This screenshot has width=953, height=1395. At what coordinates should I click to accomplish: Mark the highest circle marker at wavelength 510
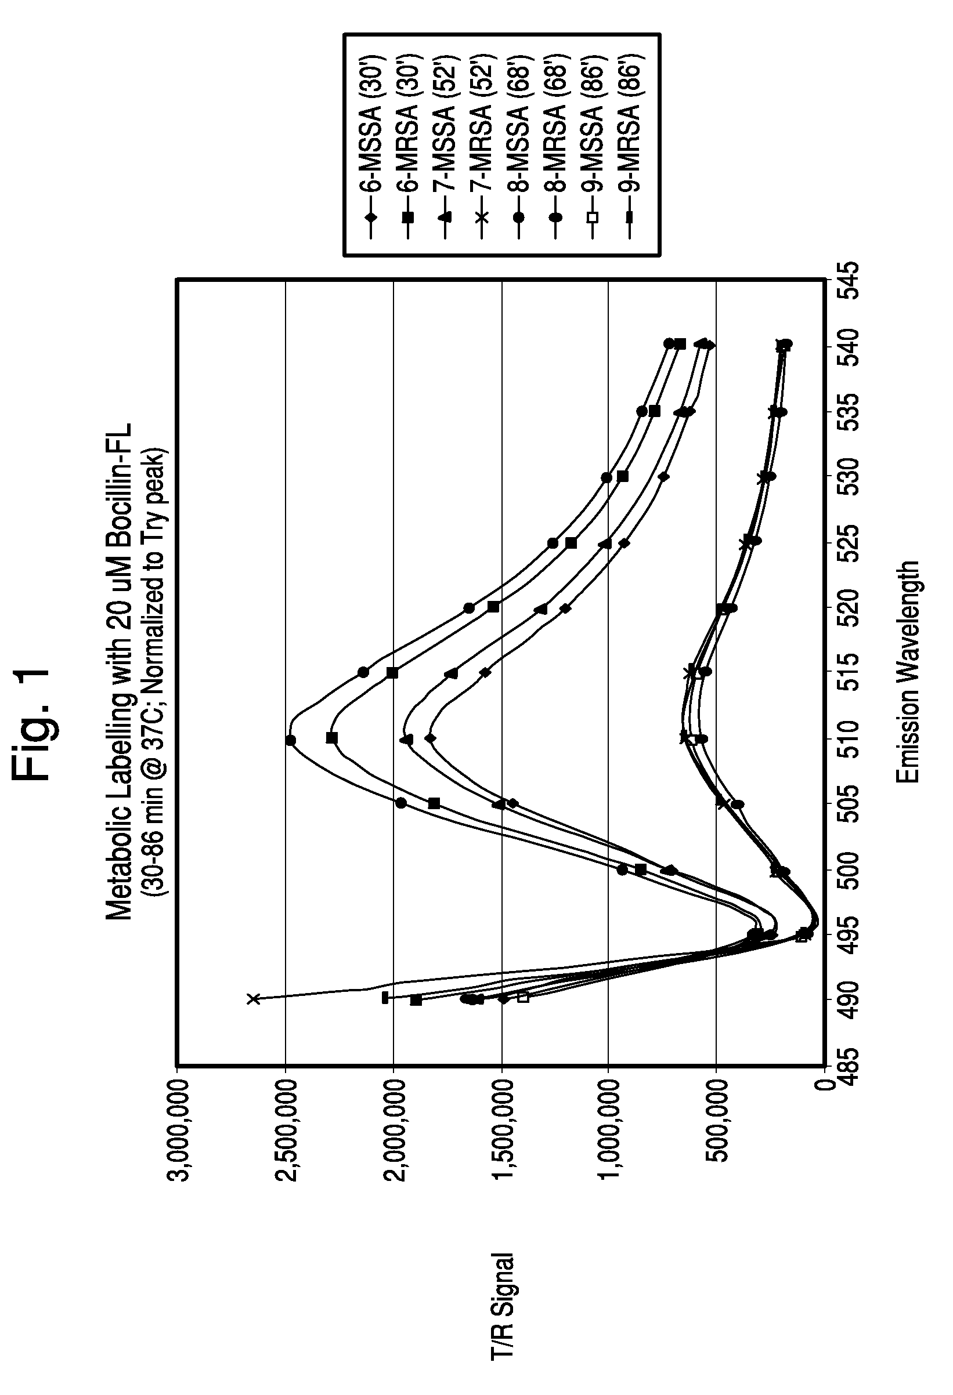[x=291, y=740]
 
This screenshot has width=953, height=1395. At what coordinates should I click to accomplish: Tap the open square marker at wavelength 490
[x=522, y=997]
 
